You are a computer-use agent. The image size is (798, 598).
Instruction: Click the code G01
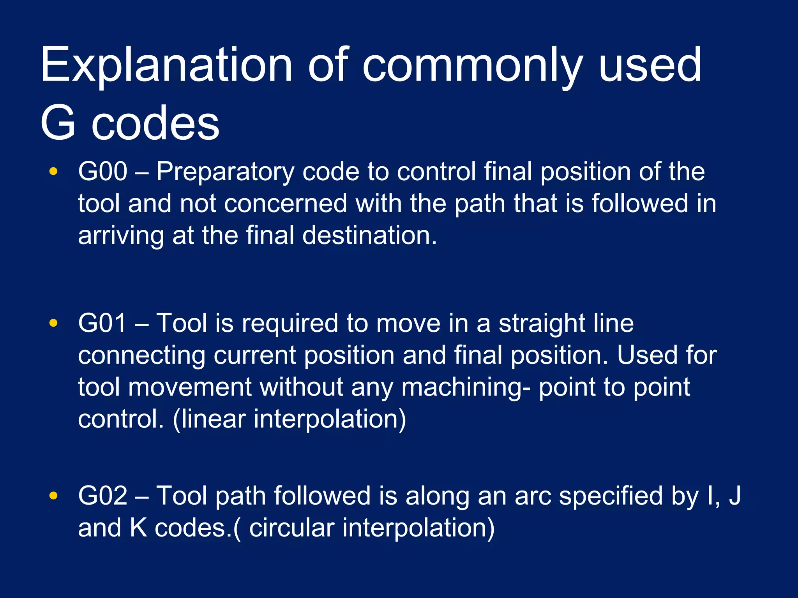point(102,323)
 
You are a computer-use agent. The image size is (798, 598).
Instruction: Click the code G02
point(102,496)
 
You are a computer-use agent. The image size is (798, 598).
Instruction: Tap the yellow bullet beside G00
point(53,171)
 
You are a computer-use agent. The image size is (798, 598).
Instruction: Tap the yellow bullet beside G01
point(53,323)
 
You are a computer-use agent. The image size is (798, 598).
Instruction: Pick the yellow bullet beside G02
point(53,496)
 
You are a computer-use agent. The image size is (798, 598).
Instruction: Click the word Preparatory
point(225,172)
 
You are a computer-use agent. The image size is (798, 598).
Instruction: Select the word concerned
point(285,204)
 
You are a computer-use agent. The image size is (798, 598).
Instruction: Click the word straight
point(542,324)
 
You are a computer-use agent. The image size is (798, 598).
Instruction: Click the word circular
point(291,528)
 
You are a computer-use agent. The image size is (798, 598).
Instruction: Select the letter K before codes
point(138,528)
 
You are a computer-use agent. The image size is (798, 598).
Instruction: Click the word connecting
point(141,356)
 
